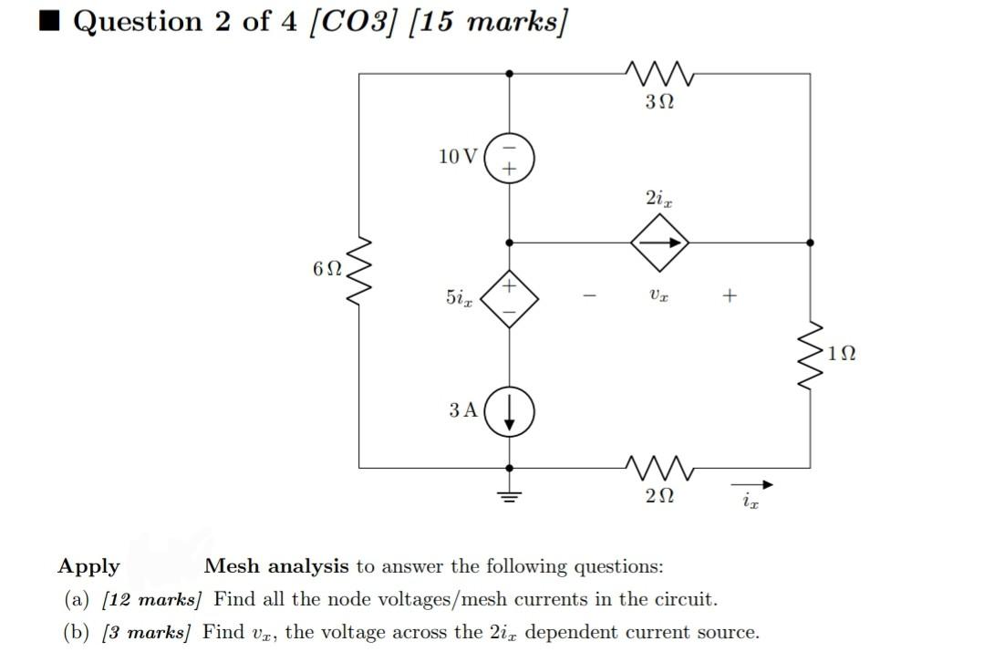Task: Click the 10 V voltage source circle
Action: [x=509, y=157]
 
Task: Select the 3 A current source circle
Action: [x=509, y=414]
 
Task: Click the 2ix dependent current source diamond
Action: [x=659, y=243]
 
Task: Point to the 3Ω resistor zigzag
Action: [x=659, y=73]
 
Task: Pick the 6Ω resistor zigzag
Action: [x=359, y=271]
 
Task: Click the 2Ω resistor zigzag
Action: [x=659, y=468]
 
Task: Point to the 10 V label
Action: [x=457, y=156]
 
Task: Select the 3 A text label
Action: [x=462, y=410]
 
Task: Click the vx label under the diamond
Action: [x=658, y=295]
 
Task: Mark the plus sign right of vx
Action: [x=728, y=295]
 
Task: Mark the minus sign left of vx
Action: [x=591, y=296]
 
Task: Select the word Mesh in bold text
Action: [x=233, y=566]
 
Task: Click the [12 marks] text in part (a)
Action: [x=151, y=600]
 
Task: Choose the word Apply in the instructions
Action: [x=88, y=566]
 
